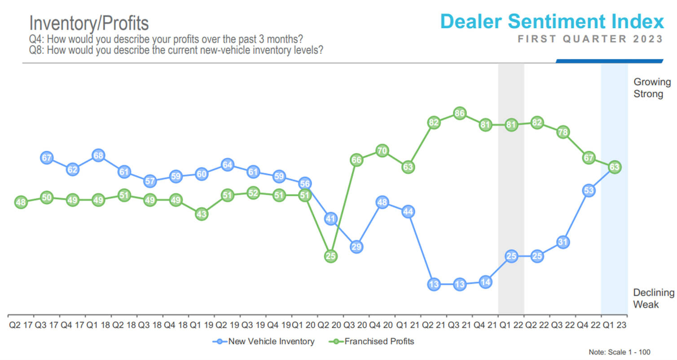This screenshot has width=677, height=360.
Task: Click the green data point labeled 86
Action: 459,113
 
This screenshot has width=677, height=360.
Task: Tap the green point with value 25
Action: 330,256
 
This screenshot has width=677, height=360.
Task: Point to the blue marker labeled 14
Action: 485,282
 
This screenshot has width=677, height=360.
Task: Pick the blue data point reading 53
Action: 589,190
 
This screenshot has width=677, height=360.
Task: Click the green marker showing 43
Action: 202,215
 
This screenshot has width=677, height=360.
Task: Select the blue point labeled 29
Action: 356,247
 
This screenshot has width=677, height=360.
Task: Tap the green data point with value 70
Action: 382,150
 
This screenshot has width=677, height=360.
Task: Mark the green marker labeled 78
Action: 563,132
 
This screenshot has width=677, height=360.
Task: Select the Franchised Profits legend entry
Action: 374,342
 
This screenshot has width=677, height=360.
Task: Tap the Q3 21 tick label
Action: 460,324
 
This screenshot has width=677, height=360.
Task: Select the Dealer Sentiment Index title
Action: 552,22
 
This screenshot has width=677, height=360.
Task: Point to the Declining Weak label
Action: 653,299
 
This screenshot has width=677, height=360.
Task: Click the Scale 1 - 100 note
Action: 619,352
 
